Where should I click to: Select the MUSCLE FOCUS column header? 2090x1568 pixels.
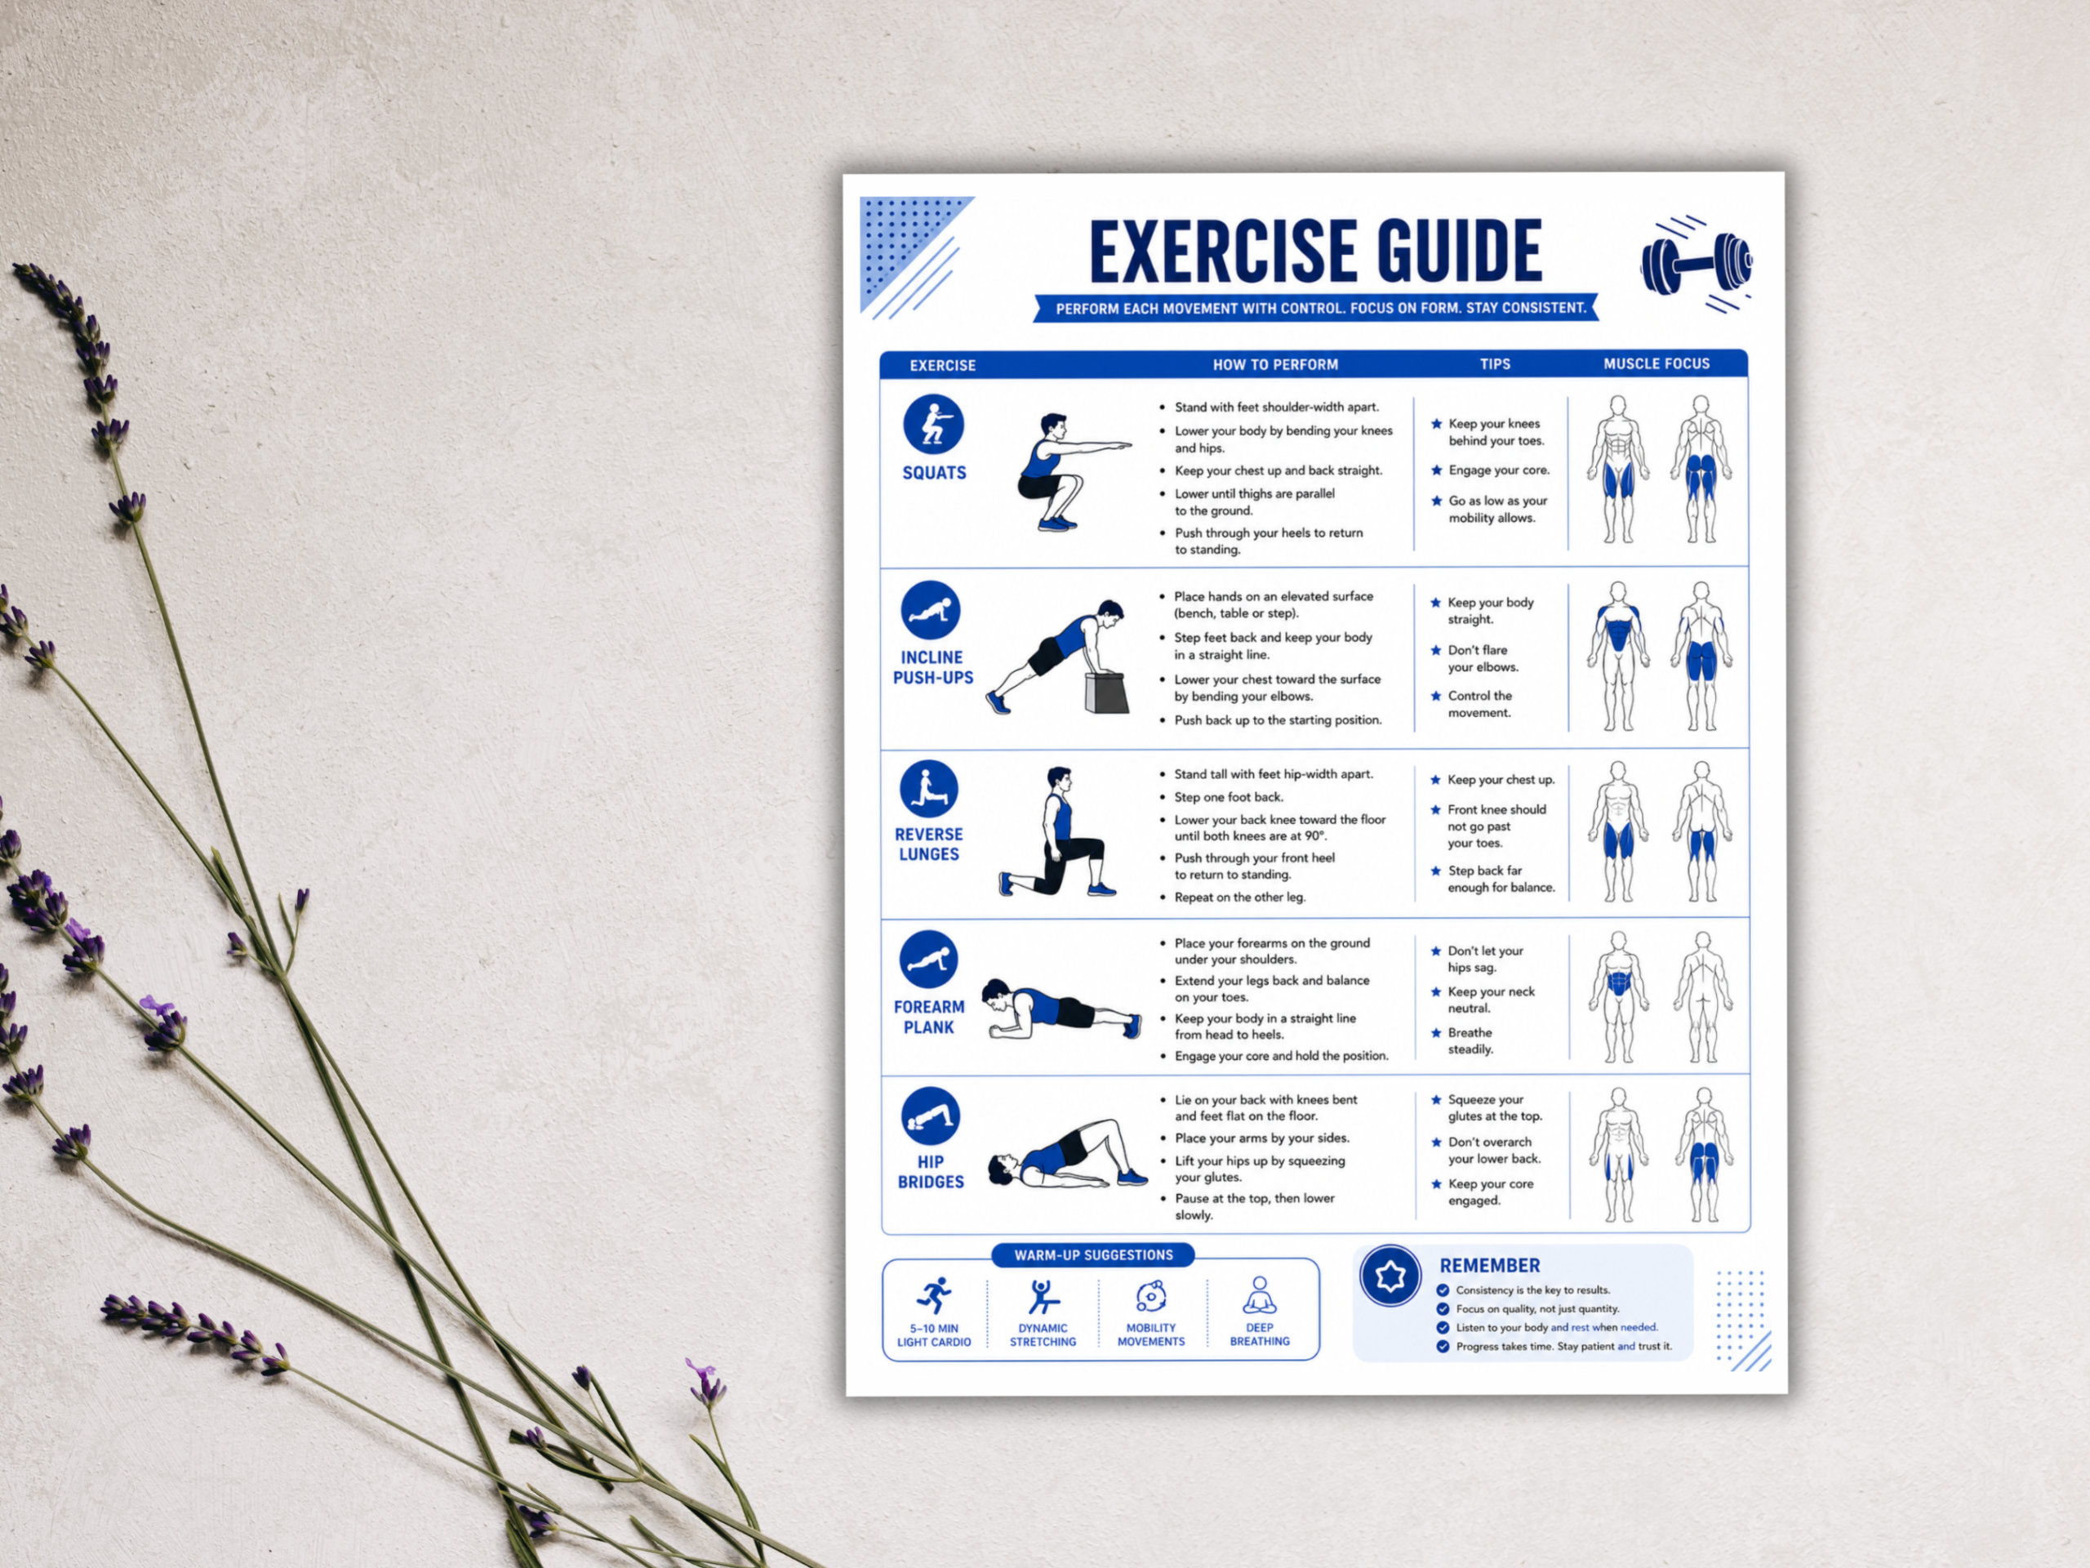pos(1656,364)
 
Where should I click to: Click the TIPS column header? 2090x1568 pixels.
pos(1495,364)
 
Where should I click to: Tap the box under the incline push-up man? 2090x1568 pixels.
pos(1107,693)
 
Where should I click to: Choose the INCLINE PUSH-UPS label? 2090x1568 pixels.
pos(933,667)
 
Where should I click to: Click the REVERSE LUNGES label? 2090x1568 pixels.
pos(929,844)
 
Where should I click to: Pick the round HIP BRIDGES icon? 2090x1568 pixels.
pos(931,1116)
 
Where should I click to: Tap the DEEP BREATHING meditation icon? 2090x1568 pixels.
pos(1260,1295)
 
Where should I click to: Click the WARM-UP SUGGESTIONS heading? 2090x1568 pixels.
pos(1093,1255)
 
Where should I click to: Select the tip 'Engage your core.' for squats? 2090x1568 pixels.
pos(1499,470)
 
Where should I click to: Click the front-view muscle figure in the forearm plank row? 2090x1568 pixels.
pos(1617,997)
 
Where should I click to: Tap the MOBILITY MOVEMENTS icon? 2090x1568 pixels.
pos(1151,1296)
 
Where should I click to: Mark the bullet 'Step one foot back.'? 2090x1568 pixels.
pos(1229,797)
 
